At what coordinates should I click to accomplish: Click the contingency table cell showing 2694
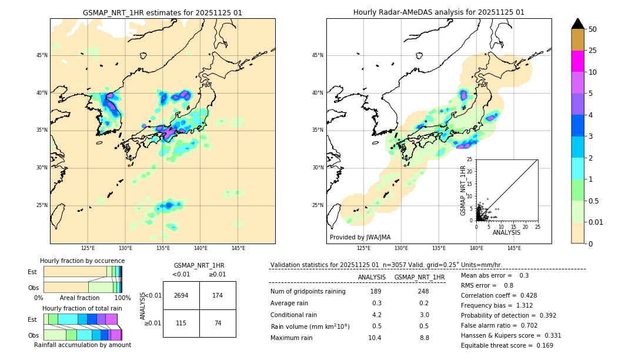181,295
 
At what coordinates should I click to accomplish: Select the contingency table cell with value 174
218,295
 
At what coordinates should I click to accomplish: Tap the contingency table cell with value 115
181,323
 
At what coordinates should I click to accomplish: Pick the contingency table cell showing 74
218,323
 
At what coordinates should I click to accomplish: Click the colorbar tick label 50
593,29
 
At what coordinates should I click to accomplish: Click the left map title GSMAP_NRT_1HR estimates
162,12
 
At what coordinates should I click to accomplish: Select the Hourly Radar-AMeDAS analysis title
439,12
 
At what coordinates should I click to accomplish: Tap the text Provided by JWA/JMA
360,237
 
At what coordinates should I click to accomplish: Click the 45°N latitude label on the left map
42,55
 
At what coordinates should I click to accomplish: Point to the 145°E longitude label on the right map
514,248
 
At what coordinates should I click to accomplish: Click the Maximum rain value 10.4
375,338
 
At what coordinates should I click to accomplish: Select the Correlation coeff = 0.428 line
499,295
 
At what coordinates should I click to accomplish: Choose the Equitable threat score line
507,345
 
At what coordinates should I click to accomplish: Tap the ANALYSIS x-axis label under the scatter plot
506,232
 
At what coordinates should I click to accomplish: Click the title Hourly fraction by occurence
82,261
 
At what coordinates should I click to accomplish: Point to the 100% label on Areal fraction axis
122,298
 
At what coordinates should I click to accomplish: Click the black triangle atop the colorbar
578,24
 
